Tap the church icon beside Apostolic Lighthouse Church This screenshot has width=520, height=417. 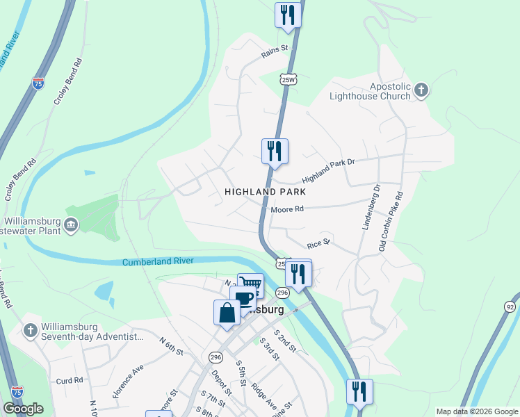[x=421, y=90]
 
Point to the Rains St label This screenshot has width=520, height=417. [x=275, y=51]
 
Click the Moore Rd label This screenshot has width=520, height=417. [x=289, y=208]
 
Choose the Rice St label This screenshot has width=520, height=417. [x=318, y=244]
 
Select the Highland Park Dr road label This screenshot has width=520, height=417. [x=329, y=170]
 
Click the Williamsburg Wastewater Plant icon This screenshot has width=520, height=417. [x=72, y=225]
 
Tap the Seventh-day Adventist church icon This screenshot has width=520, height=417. [x=30, y=331]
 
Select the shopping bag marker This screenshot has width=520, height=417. [x=227, y=312]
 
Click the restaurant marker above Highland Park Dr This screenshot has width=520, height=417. [x=275, y=151]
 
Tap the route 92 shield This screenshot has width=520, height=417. [x=512, y=306]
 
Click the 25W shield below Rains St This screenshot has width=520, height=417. [x=289, y=79]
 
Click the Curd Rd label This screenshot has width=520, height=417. [x=70, y=380]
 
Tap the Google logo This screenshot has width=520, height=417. [x=24, y=409]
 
